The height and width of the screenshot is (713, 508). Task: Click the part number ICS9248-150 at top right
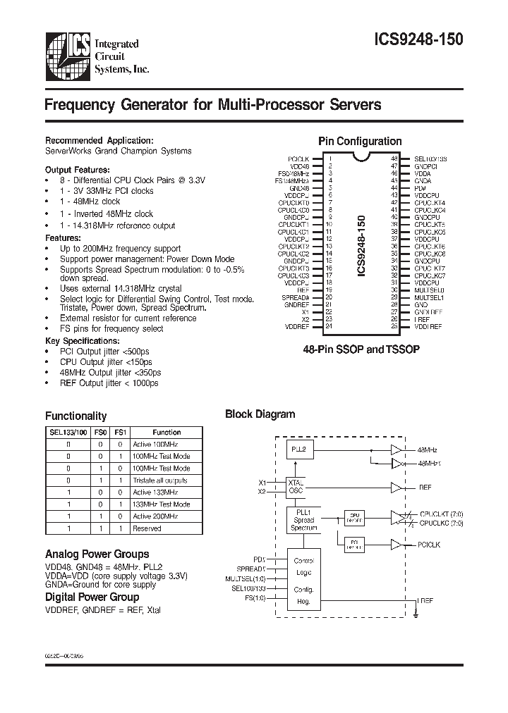pos(418,40)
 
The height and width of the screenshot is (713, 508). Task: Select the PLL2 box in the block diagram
pos(298,449)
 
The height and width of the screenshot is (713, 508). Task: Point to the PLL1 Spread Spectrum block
pos(305,520)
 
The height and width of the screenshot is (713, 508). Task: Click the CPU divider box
pos(354,517)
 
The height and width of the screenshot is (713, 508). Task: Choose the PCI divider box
pos(354,543)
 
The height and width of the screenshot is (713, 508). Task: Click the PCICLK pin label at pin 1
pos(301,159)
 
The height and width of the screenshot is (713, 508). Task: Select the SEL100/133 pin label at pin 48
pos(430,159)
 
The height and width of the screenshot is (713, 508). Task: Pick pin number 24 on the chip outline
pos(329,327)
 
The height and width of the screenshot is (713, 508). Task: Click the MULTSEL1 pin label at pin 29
pos(428,297)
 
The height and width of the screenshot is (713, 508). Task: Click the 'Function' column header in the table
pos(167,433)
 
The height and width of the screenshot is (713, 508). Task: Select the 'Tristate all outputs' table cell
pos(161,480)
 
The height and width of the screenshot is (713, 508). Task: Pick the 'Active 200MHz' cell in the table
pos(157,516)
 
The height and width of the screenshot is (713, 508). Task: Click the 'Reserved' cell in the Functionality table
pos(147,528)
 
